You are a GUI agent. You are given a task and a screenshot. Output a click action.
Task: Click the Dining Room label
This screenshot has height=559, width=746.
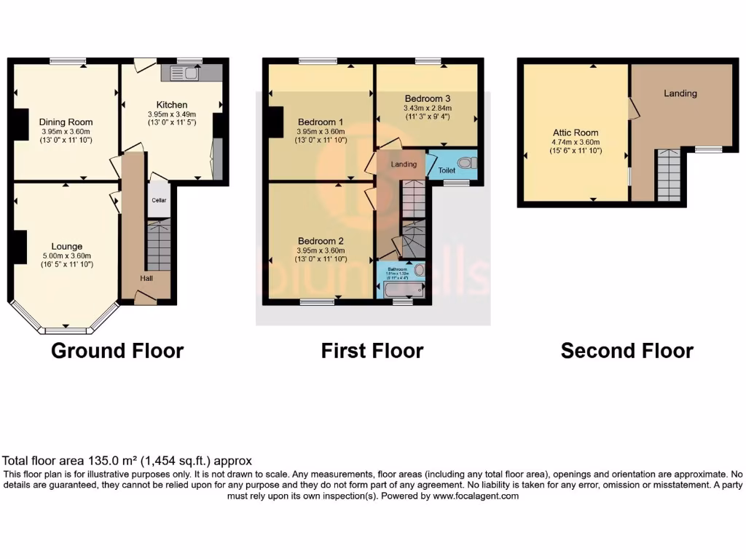(x=66, y=122)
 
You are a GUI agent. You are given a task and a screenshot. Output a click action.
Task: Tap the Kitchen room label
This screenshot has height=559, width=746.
(x=172, y=105)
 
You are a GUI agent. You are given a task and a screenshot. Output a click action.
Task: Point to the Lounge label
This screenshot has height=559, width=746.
(x=66, y=246)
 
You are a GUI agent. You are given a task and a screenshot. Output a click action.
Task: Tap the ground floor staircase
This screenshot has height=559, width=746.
(x=158, y=247)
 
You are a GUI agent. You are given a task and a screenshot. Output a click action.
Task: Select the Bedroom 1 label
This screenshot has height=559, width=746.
(x=321, y=122)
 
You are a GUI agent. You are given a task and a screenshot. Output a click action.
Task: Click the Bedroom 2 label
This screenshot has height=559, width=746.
(x=321, y=240)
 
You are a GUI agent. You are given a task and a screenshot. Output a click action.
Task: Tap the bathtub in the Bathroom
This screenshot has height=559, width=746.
(x=402, y=290)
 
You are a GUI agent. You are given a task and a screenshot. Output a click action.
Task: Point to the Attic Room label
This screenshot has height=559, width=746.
(x=575, y=133)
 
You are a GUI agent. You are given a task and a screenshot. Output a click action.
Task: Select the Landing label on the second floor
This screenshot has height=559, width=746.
(x=680, y=93)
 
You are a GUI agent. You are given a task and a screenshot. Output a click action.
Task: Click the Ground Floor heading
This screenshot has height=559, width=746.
(x=117, y=351)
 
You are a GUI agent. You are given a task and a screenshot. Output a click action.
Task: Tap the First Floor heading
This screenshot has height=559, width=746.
(x=372, y=351)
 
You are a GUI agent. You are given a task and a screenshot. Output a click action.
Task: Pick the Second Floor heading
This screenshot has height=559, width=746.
(x=627, y=351)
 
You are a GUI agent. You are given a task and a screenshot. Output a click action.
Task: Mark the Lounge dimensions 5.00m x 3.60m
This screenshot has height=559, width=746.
(x=66, y=255)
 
